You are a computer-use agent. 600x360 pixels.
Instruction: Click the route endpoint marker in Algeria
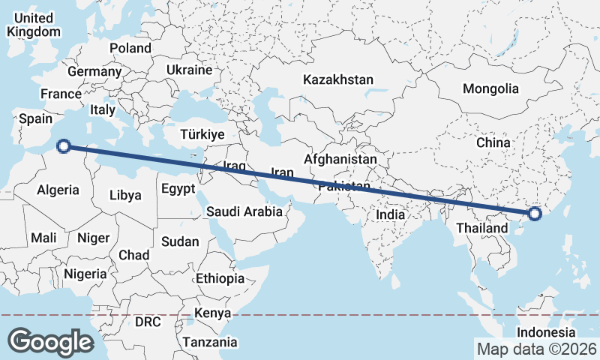[x=64, y=146]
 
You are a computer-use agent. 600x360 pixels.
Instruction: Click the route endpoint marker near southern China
[x=535, y=214]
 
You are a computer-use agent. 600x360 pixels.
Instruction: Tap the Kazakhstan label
[x=337, y=79]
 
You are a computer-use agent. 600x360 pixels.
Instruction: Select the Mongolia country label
[x=490, y=88]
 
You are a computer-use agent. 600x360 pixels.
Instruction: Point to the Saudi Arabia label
[x=244, y=211]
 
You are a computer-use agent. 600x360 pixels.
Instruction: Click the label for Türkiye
[x=202, y=134]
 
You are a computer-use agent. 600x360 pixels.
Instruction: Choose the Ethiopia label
[x=220, y=278]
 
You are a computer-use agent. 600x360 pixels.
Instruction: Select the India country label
[x=390, y=214]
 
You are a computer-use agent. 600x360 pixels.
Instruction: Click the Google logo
[x=50, y=341]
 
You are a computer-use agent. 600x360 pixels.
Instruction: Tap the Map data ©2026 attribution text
[x=537, y=349]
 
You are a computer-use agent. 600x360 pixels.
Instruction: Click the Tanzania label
[x=209, y=342]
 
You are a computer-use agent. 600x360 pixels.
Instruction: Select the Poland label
[x=130, y=48]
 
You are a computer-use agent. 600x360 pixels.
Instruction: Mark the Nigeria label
[x=85, y=274]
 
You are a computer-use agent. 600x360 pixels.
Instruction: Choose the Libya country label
[x=125, y=195]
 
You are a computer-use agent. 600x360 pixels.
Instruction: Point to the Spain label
[x=35, y=118]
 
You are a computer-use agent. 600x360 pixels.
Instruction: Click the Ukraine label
[x=190, y=70]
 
